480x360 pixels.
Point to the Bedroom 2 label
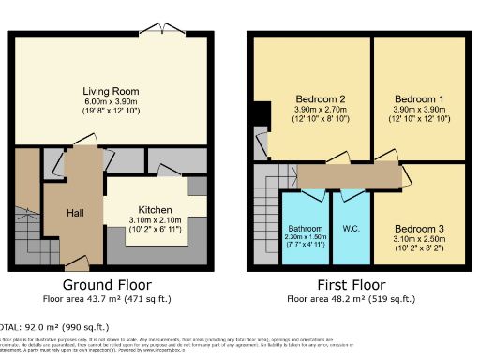tap(322, 98)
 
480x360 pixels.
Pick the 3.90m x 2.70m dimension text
tap(322, 109)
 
